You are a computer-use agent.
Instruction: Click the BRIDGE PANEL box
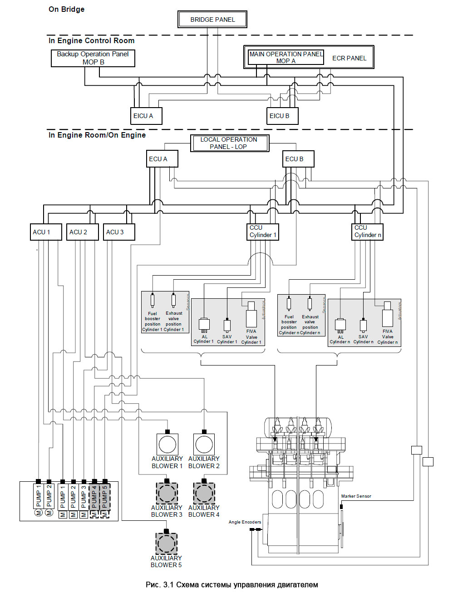[x=212, y=20]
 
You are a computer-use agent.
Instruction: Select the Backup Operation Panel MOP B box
[x=93, y=58]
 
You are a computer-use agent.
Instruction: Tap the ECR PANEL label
[x=349, y=58]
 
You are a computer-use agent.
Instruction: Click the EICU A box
[x=146, y=116]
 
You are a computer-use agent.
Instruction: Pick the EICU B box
[x=282, y=116]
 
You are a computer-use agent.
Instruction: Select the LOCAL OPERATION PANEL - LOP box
[x=229, y=143]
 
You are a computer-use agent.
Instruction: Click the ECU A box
[x=162, y=159]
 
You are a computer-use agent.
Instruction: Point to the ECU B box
[x=298, y=159]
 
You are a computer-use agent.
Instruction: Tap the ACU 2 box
[x=82, y=232]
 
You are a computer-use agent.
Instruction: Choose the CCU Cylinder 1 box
[x=263, y=232]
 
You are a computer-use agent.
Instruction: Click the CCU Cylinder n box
[x=368, y=232]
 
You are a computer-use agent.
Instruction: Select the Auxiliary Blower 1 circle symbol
[x=167, y=444]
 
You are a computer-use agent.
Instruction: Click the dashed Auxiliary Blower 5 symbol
[x=166, y=543]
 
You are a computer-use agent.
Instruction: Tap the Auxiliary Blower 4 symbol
[x=204, y=493]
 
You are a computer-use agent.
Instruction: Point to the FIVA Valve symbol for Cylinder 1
[x=251, y=316]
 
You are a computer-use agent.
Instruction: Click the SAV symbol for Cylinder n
[x=363, y=326]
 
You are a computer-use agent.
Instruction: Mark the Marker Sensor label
[x=356, y=496]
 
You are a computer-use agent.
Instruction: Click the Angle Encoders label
[x=245, y=522]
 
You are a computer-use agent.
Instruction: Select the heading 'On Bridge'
[x=66, y=10]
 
